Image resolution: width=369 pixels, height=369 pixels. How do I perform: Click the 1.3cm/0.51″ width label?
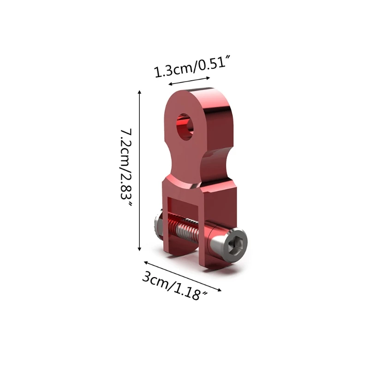191,67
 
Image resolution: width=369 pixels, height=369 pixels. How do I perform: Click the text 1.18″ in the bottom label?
194,291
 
